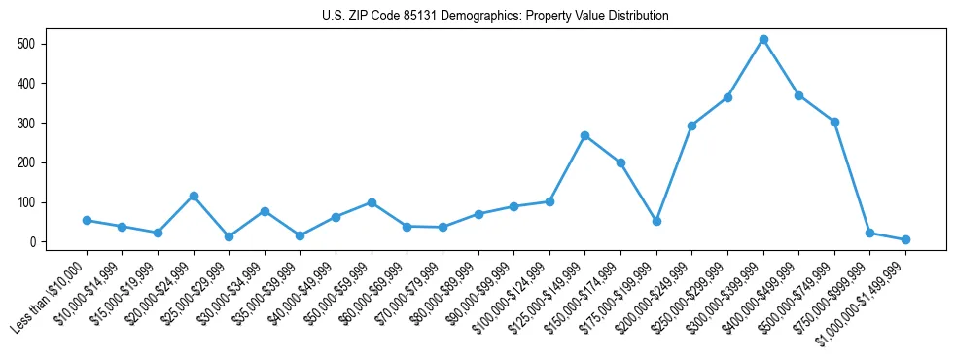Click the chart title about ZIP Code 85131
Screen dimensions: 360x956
coord(495,16)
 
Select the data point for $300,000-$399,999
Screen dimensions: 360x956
coord(763,40)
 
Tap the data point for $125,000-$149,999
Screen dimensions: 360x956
coord(585,135)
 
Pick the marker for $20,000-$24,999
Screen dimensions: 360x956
coord(194,196)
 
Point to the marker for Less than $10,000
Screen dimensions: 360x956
coord(87,220)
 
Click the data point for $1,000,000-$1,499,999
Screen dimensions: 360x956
coord(905,239)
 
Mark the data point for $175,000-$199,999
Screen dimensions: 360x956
coord(656,221)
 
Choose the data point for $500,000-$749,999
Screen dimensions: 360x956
coord(834,122)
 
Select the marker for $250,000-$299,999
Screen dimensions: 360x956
coord(727,97)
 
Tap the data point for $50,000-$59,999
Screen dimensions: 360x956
coord(372,202)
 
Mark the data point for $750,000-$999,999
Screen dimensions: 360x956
coord(869,234)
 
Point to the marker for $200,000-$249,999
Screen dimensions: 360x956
coord(691,126)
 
